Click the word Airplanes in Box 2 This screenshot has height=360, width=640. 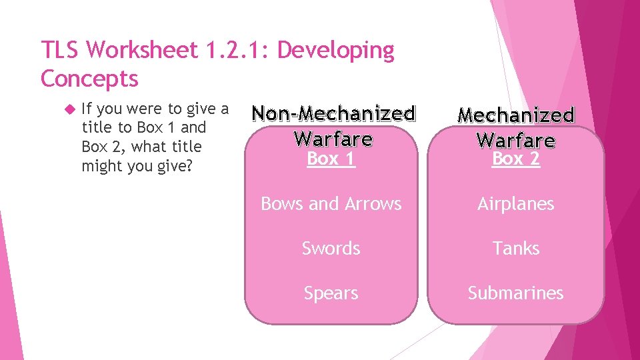(x=515, y=204)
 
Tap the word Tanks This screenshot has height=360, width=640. (x=515, y=249)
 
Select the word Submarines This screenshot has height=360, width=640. (x=515, y=293)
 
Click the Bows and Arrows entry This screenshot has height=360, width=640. (x=331, y=204)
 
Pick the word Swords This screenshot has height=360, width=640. (x=331, y=249)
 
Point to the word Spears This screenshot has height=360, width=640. (x=331, y=293)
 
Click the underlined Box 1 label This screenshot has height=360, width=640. (x=331, y=159)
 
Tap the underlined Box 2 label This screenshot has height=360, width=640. (x=515, y=159)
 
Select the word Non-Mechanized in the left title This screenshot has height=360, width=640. (x=333, y=114)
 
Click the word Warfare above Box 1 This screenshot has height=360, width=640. (x=333, y=139)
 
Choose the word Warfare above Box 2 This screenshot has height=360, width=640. (x=515, y=140)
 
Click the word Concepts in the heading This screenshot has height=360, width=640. (x=89, y=79)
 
